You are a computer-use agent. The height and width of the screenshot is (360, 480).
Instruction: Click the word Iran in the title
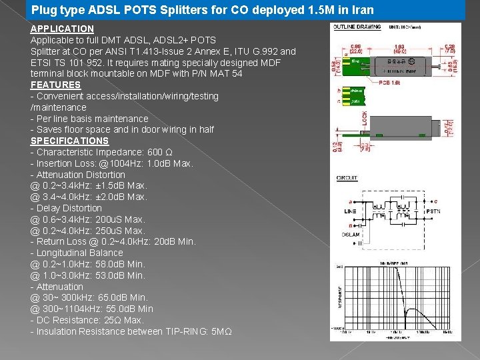(x=361, y=10)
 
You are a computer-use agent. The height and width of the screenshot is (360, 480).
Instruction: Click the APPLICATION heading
(x=62, y=29)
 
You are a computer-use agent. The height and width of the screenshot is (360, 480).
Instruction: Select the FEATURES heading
(x=55, y=85)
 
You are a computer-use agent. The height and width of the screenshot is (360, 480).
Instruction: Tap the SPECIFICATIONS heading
(x=69, y=141)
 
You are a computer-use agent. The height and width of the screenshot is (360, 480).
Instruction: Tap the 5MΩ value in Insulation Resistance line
(x=220, y=331)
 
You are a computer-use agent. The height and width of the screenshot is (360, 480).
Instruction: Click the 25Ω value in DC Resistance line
(x=109, y=320)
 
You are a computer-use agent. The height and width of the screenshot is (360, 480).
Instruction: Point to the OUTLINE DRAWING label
(x=357, y=27)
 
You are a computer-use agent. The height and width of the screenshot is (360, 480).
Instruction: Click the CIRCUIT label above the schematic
(x=347, y=178)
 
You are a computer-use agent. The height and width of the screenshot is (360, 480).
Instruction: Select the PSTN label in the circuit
(x=433, y=211)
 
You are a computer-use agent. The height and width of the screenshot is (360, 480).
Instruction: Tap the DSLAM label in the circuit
(x=351, y=235)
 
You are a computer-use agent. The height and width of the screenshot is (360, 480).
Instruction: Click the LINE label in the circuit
(x=351, y=211)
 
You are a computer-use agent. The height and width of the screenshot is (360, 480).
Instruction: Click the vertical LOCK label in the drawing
(x=364, y=119)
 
